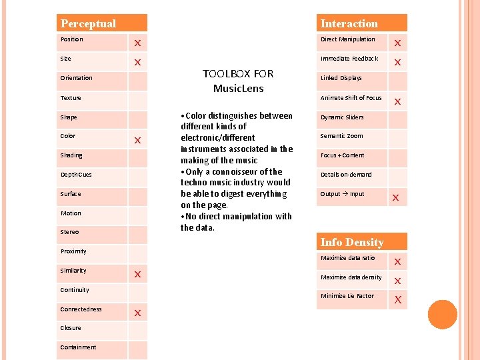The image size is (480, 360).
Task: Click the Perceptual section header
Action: pos(88,23)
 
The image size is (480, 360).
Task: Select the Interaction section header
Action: pos(349,23)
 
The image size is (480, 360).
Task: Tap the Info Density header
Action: pos(351,242)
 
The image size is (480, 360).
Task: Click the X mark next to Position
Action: pos(137,43)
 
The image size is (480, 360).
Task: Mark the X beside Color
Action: pos(137,141)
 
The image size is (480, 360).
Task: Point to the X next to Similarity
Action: pos(137,274)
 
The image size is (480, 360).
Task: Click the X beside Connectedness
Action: pos(137,313)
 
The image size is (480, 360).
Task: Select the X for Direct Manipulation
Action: pos(397,43)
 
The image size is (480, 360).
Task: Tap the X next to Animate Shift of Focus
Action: pos(397,102)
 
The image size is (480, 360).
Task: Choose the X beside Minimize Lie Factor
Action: pos(397,299)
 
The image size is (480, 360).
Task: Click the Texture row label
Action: pos(71,98)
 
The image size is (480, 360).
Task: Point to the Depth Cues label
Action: pos(76,175)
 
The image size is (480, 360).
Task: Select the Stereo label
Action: pos(69,232)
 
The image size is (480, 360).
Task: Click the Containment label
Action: pos(78,347)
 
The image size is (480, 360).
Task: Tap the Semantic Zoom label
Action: pos(341,136)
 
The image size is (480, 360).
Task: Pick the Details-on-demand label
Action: pos(346,175)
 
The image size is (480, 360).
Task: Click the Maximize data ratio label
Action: pos(347,258)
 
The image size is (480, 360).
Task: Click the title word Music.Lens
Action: pos(238,88)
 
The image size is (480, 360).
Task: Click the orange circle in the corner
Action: pos(442,315)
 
